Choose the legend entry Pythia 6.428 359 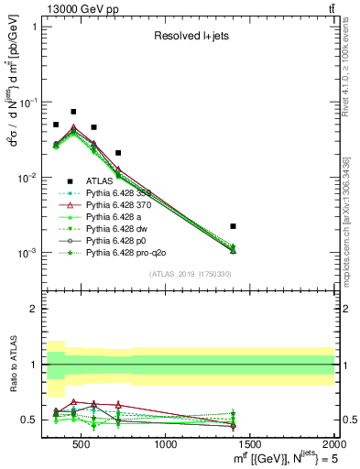(x=121, y=193)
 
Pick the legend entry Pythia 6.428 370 (x=121, y=204)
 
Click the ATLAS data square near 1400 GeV (x=234, y=225)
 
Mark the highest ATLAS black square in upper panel (x=73, y=112)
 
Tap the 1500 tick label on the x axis (x=250, y=445)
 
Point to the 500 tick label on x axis (x=82, y=445)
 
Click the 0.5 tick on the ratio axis (x=36, y=420)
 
